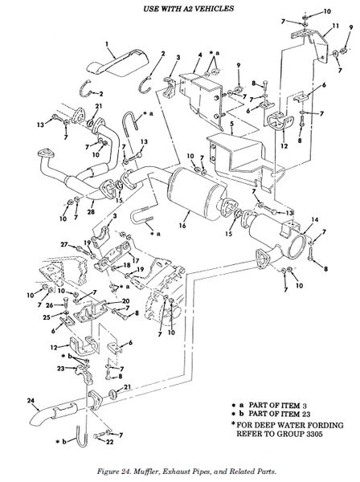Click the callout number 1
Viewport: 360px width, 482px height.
tap(107, 44)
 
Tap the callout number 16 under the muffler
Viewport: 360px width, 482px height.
tap(182, 226)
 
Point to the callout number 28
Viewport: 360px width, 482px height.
tap(91, 211)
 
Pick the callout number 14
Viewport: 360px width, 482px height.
tap(314, 220)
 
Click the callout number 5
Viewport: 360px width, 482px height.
tap(231, 124)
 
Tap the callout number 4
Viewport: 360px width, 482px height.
tap(200, 55)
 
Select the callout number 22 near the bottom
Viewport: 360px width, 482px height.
tap(110, 442)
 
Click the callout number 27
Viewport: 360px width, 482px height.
tap(64, 244)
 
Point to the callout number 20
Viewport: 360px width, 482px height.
tap(125, 301)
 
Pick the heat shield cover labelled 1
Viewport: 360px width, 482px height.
tap(117, 63)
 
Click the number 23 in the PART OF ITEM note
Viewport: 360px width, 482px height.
tap(306, 414)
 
